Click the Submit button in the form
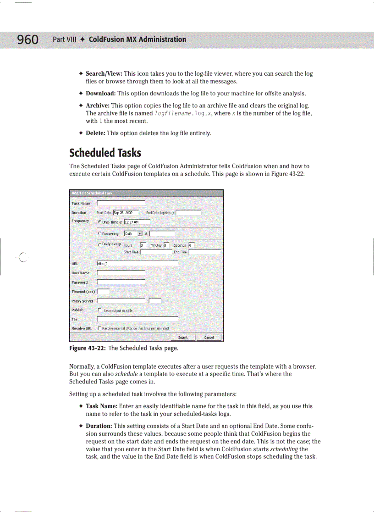(x=182, y=338)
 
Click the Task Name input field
(x=121, y=203)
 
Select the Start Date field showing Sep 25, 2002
(x=126, y=213)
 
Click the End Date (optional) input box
(x=188, y=213)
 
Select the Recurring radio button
(x=100, y=233)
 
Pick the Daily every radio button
(x=100, y=244)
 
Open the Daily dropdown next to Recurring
(x=133, y=233)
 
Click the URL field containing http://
(x=137, y=264)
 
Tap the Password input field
(x=121, y=282)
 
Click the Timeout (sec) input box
(x=103, y=291)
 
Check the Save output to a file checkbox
(x=99, y=310)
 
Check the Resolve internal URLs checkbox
(x=99, y=328)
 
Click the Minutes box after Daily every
(x=166, y=245)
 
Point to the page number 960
(x=28, y=40)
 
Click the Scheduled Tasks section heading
(x=105, y=153)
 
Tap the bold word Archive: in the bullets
(x=98, y=105)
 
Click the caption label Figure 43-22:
(x=87, y=348)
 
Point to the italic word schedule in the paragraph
(x=126, y=374)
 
